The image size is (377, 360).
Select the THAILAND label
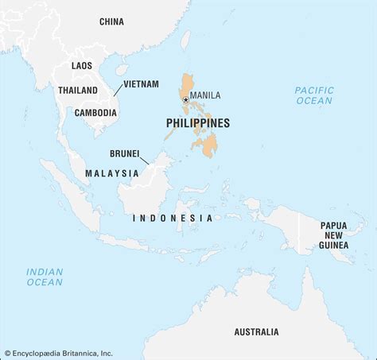tap(77, 91)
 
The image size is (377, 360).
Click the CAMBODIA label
tap(95, 112)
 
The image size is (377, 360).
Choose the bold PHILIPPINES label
tap(198, 123)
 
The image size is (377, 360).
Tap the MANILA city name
tap(206, 96)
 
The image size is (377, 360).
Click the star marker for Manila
tap(186, 99)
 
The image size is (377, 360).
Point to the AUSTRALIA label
tap(256, 331)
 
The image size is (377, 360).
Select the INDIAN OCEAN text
tap(44, 276)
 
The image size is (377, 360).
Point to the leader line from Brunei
tap(142, 164)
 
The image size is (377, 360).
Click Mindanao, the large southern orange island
tap(208, 145)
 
